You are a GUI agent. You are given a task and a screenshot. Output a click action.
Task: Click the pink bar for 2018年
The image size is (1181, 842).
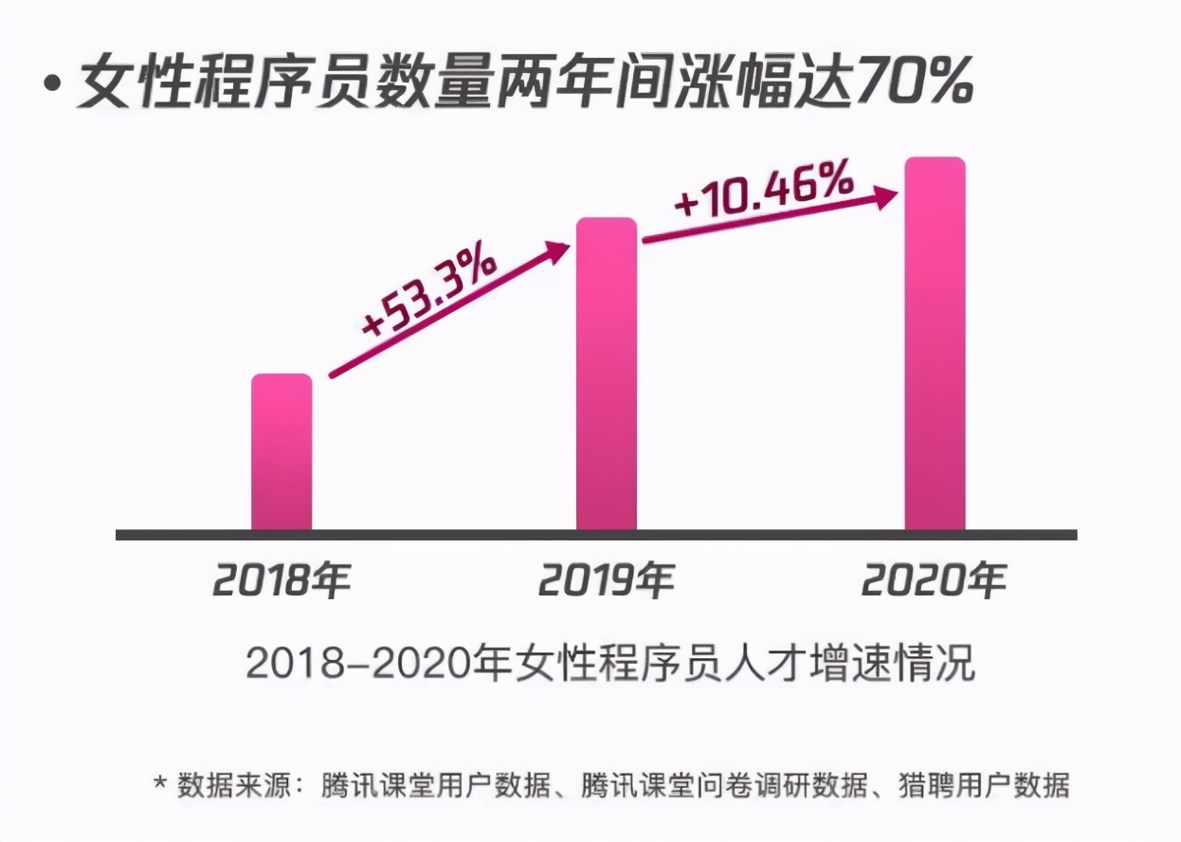pyautogui.click(x=282, y=452)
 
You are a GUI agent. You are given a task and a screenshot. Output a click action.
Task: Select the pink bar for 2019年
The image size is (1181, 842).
pyautogui.click(x=607, y=375)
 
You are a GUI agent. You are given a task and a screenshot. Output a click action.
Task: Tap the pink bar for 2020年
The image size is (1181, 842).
pyautogui.click(x=935, y=343)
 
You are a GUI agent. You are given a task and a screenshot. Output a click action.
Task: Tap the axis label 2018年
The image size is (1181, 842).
pyautogui.click(x=282, y=580)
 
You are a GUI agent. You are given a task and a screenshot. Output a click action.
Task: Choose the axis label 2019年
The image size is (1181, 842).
pyautogui.click(x=607, y=580)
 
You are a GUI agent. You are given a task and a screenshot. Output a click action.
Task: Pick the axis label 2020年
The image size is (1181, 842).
pyautogui.click(x=934, y=580)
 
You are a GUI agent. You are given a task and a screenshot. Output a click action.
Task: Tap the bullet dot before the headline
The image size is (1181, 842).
pyautogui.click(x=52, y=83)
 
